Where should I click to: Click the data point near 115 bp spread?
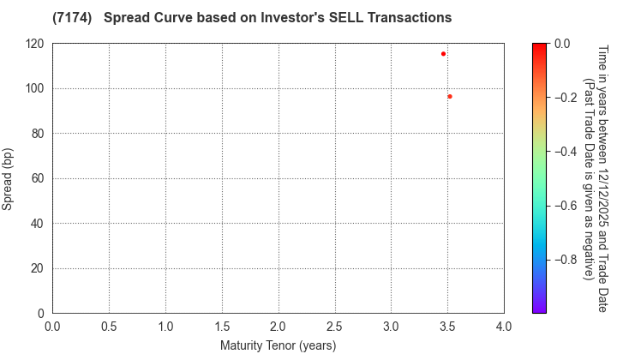coord(443,54)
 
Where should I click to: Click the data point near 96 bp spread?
coord(450,97)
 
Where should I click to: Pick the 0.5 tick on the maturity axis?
coord(109,327)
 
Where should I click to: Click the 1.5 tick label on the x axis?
coord(222,327)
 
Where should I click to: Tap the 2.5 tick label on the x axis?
coord(335,327)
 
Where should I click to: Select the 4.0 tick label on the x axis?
coord(504,327)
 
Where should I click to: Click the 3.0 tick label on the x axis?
coord(392,327)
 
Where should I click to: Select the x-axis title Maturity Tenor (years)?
coord(278,345)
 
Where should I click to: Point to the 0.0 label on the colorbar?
coord(563,44)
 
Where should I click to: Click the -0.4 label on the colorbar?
coord(566,152)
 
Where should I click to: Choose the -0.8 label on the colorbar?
coord(566,260)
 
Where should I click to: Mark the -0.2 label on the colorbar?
coord(566,98)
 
